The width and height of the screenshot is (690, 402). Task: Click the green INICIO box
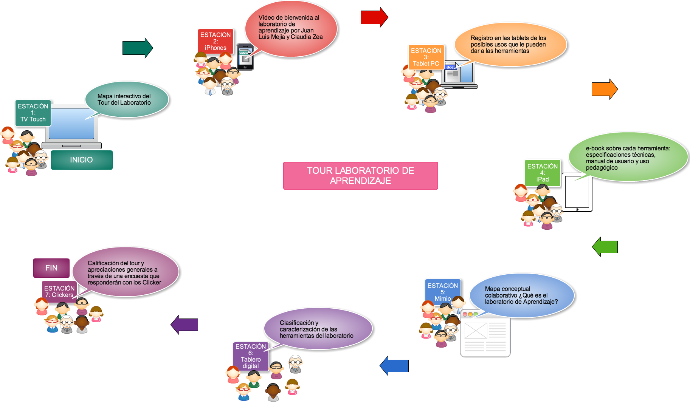[82, 160]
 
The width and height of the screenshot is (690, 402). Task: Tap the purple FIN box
[51, 268]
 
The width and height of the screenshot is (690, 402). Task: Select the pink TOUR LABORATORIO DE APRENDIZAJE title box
[360, 176]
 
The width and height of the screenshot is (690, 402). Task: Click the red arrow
[374, 17]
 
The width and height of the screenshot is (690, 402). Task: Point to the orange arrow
[604, 89]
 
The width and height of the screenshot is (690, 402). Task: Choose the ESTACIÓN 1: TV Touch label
[33, 113]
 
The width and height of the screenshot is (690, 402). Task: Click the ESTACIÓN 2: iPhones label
[216, 41]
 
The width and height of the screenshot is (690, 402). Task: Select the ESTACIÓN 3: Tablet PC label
[426, 57]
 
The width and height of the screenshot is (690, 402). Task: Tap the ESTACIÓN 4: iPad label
[543, 173]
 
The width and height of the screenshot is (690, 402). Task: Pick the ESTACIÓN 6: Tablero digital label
[251, 356]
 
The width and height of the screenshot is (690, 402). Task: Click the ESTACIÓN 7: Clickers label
[59, 291]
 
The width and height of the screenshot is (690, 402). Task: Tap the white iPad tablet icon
[577, 192]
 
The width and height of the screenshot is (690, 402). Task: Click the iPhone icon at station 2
[245, 57]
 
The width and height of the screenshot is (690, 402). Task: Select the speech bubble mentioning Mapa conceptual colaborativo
[522, 295]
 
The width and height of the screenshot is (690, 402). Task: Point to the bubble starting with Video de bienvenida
[291, 29]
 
